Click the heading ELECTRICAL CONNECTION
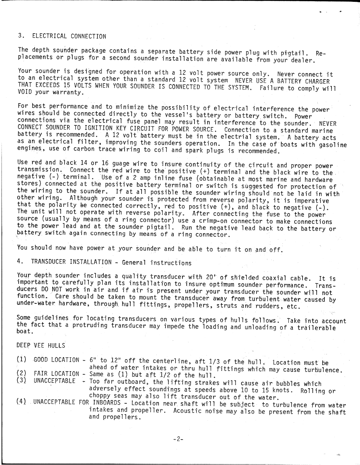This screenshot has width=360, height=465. (69, 37)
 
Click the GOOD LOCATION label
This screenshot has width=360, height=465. (56, 360)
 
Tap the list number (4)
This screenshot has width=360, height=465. (21, 402)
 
